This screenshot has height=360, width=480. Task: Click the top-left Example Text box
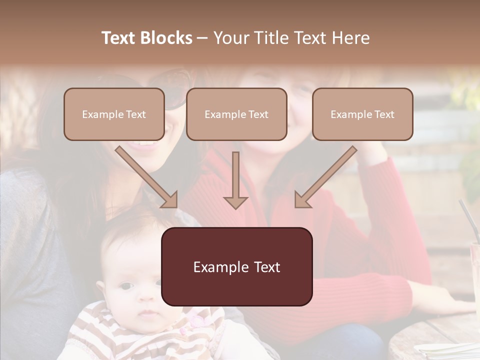tap(114, 114)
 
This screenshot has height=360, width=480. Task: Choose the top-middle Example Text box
tap(236, 114)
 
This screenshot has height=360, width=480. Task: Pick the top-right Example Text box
tap(362, 114)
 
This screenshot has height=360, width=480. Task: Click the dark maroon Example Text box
tap(237, 267)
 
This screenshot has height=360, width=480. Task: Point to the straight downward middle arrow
tap(235, 180)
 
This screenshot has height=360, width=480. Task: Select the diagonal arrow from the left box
tap(146, 176)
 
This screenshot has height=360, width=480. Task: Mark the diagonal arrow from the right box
tap(325, 176)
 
